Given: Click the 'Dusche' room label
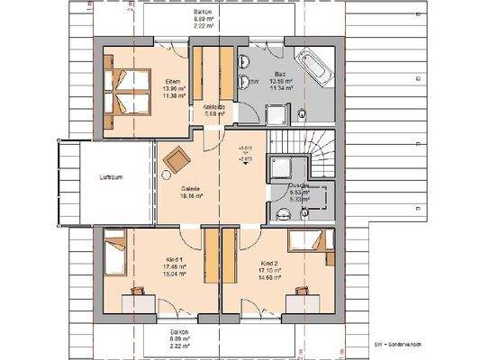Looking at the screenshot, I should coord(300,184).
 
